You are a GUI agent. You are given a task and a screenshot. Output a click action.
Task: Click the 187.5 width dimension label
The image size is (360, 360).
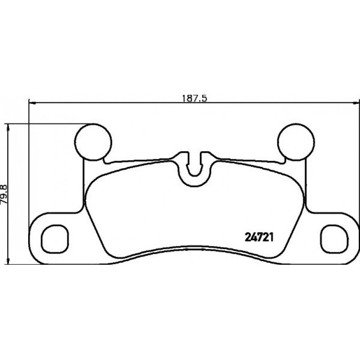pyautogui.click(x=195, y=98)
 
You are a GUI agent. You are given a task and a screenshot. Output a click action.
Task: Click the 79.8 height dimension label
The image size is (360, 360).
pyautogui.click(x=4, y=194)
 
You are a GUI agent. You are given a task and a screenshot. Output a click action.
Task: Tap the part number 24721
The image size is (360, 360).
pyautogui.click(x=259, y=237)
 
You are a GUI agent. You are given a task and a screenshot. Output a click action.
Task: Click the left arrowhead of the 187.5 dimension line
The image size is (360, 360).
pyautogui.click(x=33, y=103)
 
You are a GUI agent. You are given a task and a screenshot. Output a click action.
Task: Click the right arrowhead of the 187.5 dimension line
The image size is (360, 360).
pyautogui.click(x=356, y=103)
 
